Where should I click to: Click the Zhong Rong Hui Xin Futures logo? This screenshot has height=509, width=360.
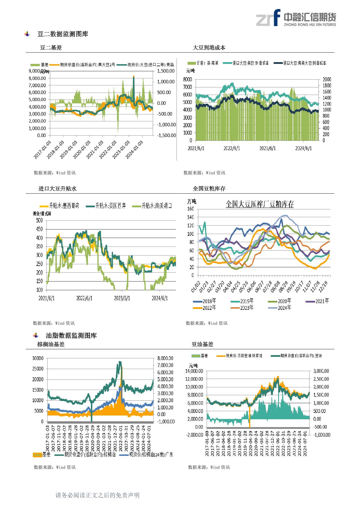pyautogui.click(x=296, y=18)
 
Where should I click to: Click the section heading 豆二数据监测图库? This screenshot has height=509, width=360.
pyautogui.click(x=63, y=34)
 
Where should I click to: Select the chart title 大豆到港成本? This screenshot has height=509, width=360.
pyautogui.click(x=209, y=48)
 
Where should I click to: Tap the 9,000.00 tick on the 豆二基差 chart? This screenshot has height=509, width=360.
pyautogui.click(x=37, y=71)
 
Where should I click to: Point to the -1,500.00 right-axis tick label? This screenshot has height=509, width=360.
pyautogui.click(x=166, y=135)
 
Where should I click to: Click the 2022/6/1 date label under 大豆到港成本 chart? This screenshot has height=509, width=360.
pyautogui.click(x=232, y=148)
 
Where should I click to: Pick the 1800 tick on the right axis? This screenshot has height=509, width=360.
pyautogui.click(x=327, y=86)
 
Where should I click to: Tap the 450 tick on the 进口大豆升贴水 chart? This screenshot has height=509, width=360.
pyautogui.click(x=39, y=229)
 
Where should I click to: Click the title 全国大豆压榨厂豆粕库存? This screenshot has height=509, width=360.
pyautogui.click(x=260, y=204)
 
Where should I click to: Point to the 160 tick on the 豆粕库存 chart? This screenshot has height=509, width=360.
pyautogui.click(x=190, y=209)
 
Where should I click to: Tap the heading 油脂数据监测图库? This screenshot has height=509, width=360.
pyautogui.click(x=71, y=336)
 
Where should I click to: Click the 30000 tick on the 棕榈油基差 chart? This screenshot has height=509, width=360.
pyautogui.click(x=38, y=358)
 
